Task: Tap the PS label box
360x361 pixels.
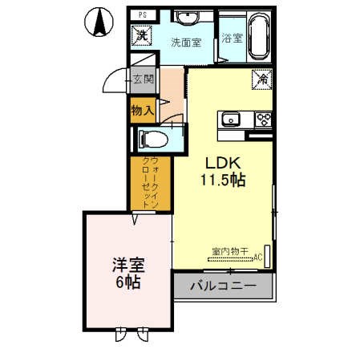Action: (x=142, y=15)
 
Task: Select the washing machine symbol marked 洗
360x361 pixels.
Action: (x=141, y=35)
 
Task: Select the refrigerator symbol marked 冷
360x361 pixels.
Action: (x=261, y=79)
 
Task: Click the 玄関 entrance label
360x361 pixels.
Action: (x=144, y=79)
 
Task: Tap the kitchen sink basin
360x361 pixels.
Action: (x=231, y=120)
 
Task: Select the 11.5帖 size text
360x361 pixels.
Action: (x=222, y=181)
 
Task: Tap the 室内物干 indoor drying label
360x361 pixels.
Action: (x=231, y=251)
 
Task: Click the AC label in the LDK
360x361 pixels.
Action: (x=257, y=257)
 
